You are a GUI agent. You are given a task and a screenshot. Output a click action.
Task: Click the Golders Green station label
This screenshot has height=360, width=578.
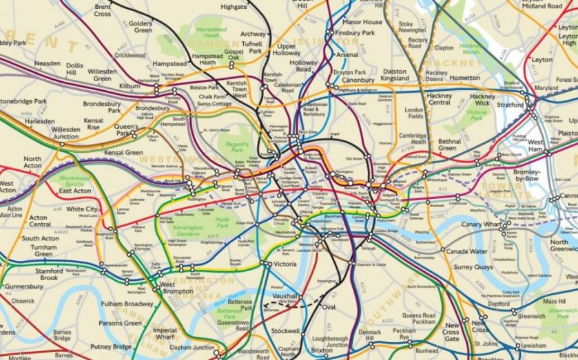click(x=141, y=27)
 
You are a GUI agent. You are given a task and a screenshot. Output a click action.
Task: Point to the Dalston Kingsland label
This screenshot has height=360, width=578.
click(x=395, y=74)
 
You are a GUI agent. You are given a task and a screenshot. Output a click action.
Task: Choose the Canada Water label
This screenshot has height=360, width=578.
click(x=466, y=251)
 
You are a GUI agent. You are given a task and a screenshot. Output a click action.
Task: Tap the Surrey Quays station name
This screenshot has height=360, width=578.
click(x=471, y=266)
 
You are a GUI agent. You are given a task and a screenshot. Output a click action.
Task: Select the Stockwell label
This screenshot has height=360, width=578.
click(x=285, y=331)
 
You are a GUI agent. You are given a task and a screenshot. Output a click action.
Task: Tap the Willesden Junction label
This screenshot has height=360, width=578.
click(x=65, y=132)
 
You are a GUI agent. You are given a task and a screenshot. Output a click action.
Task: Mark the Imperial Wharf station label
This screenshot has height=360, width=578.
click(x=165, y=335)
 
